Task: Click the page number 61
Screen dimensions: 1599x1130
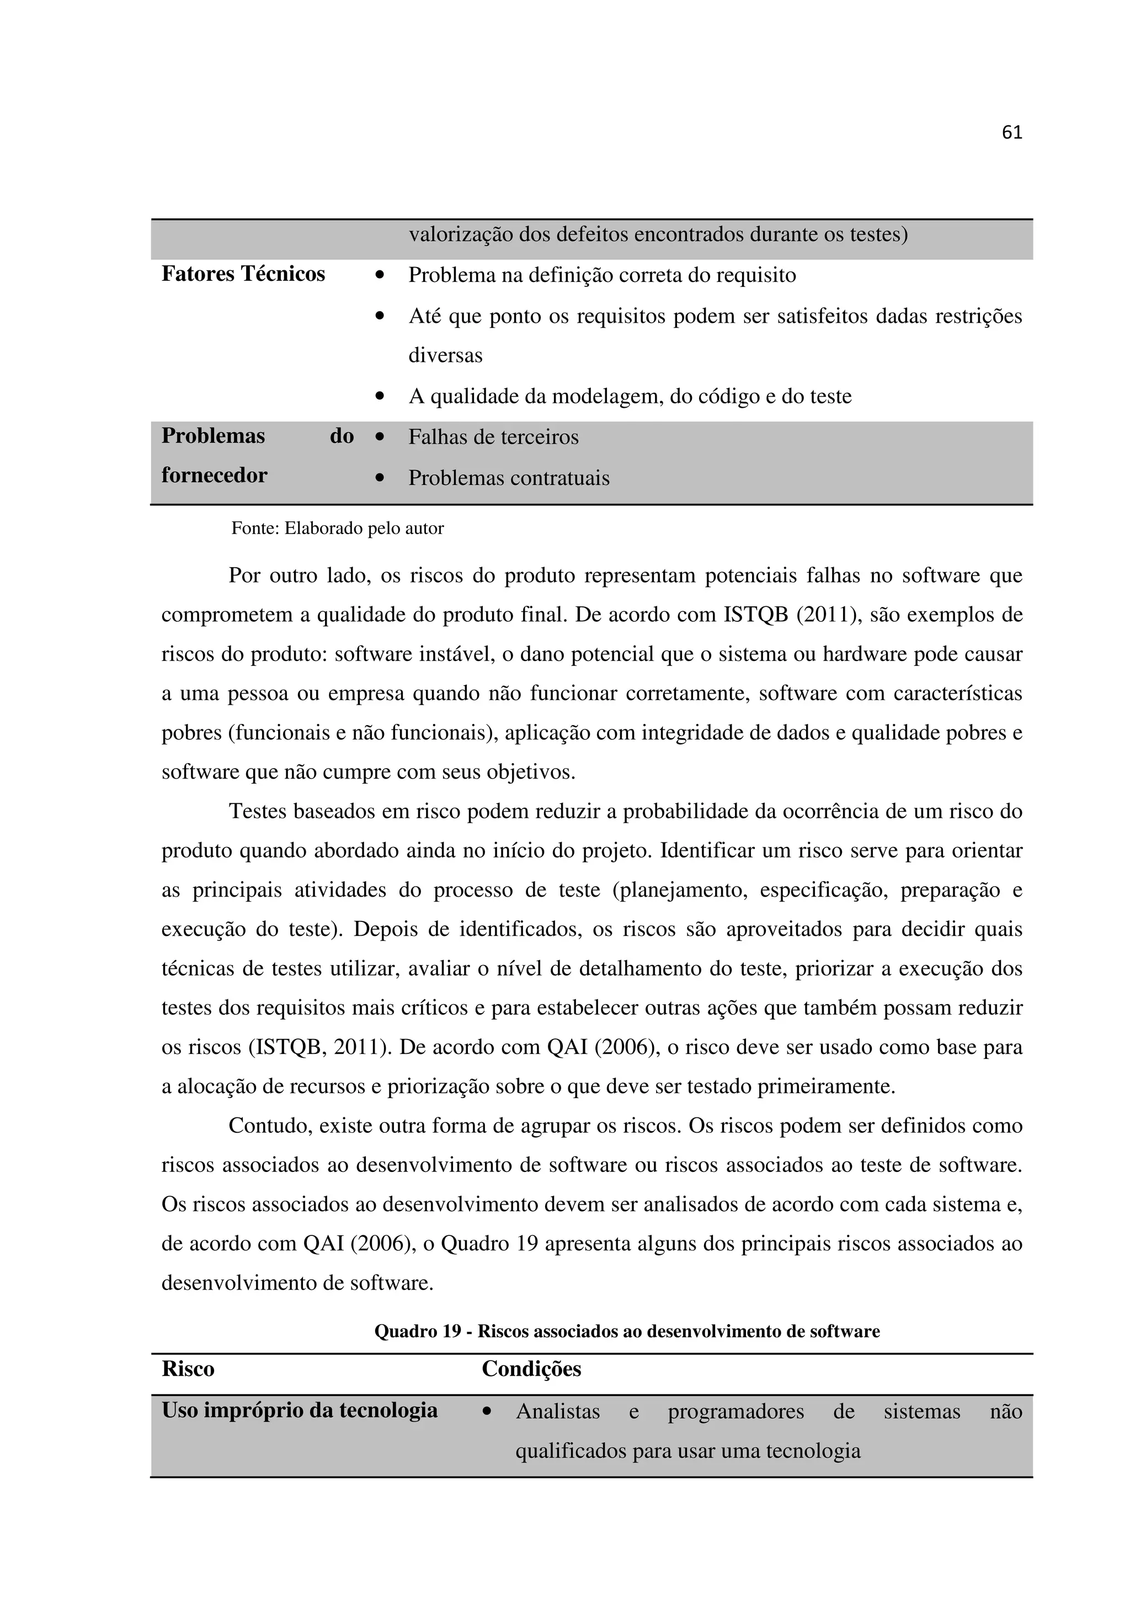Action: pos(1011,132)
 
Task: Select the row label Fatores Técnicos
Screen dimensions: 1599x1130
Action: pos(243,274)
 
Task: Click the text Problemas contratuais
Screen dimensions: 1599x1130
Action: pos(508,478)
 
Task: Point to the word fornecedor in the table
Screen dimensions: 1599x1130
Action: pos(214,476)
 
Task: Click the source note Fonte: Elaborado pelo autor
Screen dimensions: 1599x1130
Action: pos(337,529)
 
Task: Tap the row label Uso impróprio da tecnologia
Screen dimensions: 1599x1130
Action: pos(300,1411)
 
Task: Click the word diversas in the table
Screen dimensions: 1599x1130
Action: pos(445,356)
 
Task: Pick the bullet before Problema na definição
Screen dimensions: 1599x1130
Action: pos(380,275)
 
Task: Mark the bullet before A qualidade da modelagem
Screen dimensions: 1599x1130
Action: pos(380,397)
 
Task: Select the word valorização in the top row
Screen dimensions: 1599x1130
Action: pos(460,234)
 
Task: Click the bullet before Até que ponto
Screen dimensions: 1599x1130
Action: pos(380,316)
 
